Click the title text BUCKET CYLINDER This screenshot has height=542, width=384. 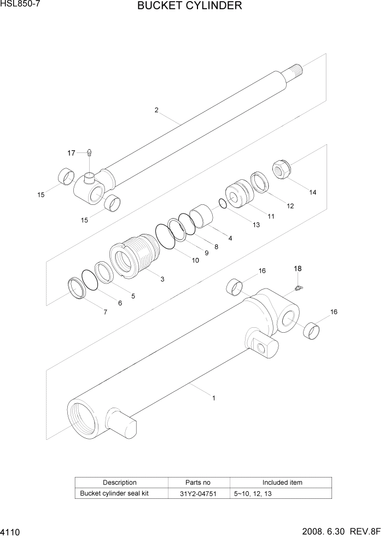190,7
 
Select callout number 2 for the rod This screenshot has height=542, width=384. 156,110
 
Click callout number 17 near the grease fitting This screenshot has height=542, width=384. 72,153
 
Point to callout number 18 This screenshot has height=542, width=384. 298,268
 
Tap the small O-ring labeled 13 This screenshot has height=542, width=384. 222,203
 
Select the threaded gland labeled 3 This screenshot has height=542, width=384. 135,256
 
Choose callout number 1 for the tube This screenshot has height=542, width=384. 213,398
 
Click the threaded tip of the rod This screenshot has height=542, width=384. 294,71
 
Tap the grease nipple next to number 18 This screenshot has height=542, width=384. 299,287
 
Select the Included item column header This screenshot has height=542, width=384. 282,482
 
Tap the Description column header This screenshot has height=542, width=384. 120,482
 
